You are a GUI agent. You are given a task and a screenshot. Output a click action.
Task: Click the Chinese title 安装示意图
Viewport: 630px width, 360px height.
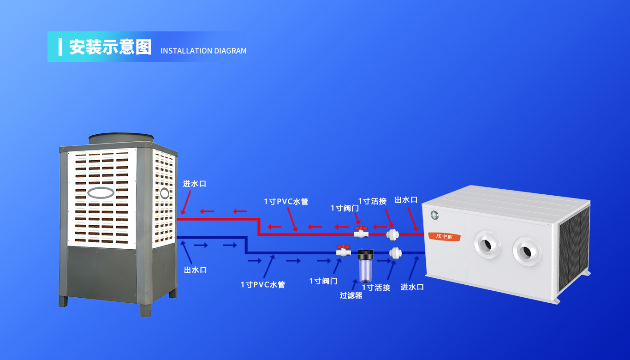pyautogui.click(x=110, y=47)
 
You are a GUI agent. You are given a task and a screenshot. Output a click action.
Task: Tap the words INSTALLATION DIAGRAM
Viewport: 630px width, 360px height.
pyautogui.click(x=203, y=51)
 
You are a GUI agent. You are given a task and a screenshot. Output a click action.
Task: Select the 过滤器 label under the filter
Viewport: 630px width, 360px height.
pyautogui.click(x=351, y=295)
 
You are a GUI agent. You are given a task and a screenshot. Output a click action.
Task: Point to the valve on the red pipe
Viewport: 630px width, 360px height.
pyautogui.click(x=360, y=232)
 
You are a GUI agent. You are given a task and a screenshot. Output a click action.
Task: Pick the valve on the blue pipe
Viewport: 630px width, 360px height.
pyautogui.click(x=343, y=251)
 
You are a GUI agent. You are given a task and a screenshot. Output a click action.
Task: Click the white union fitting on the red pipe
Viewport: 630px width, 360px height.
pyautogui.click(x=392, y=234)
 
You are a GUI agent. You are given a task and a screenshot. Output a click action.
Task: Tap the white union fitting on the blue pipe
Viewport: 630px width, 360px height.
pyautogui.click(x=395, y=253)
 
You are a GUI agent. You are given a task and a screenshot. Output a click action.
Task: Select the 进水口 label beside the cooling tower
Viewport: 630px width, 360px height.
pyautogui.click(x=194, y=184)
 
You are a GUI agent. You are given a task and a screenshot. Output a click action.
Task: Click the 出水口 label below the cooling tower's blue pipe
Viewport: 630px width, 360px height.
pyautogui.click(x=195, y=270)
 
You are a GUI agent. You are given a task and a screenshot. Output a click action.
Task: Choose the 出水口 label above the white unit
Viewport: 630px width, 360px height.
pyautogui.click(x=406, y=200)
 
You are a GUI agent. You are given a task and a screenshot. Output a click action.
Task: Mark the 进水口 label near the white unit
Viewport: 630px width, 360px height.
pyautogui.click(x=412, y=287)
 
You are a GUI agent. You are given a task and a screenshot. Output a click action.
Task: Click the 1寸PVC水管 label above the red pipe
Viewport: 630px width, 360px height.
pyautogui.click(x=286, y=202)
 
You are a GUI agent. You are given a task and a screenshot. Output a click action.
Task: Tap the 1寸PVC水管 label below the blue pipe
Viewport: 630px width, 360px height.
pyautogui.click(x=263, y=285)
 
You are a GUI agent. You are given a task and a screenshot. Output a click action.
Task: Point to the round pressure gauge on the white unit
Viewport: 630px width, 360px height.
pyautogui.click(x=434, y=214)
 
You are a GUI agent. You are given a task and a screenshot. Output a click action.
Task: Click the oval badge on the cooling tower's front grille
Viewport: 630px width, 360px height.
pyautogui.click(x=101, y=192)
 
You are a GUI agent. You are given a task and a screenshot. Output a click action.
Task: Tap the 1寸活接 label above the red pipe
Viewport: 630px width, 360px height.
pyautogui.click(x=372, y=201)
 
